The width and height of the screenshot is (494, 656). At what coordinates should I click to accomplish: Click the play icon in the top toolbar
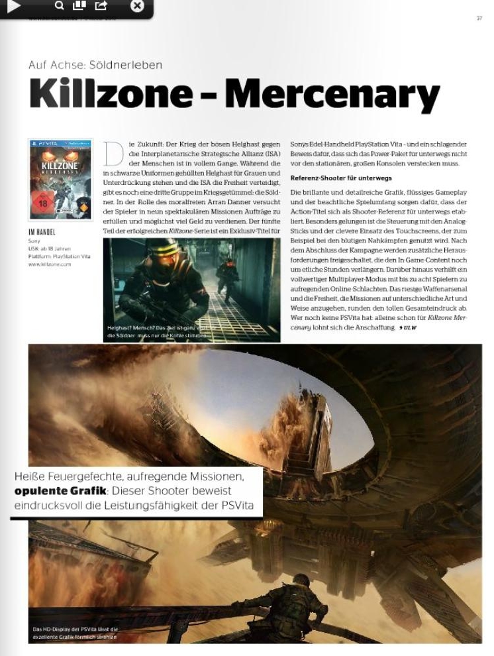click(x=14, y=6)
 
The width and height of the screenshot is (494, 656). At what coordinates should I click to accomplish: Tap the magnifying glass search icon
click(x=60, y=6)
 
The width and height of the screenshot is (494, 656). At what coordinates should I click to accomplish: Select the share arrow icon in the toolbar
click(x=101, y=6)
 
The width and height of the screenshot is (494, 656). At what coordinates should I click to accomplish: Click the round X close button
click(x=137, y=6)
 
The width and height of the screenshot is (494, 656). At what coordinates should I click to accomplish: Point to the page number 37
click(x=479, y=19)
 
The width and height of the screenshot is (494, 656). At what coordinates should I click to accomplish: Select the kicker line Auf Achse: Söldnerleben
click(x=95, y=65)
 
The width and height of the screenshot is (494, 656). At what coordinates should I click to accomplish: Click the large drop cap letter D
click(x=113, y=154)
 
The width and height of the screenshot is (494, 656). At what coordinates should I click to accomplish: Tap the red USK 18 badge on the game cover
click(x=42, y=201)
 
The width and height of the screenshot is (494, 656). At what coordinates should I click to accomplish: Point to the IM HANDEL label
click(x=42, y=233)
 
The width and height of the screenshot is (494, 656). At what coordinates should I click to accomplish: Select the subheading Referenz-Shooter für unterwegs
click(x=341, y=178)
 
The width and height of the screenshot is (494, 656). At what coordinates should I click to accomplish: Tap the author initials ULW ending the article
click(x=409, y=328)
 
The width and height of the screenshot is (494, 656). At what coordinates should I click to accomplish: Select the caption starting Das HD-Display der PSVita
click(x=75, y=633)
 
